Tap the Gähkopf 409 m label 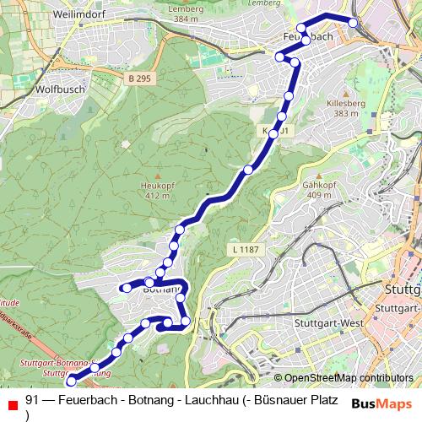coord(318,189)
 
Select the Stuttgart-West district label coord(327,323)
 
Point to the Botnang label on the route coord(162,289)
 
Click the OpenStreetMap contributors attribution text coord(349,378)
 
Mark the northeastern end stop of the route coord(353,23)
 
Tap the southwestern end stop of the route coord(71,379)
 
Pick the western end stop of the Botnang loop coord(127,288)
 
